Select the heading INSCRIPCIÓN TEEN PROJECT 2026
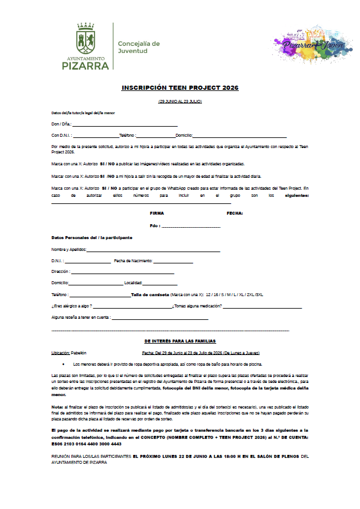point(180,87)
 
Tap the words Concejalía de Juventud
point(139,48)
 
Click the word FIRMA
point(157,213)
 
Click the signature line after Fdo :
point(191,227)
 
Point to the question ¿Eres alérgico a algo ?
point(71,306)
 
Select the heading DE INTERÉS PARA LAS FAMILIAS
point(180,341)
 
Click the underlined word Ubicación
point(61,353)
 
